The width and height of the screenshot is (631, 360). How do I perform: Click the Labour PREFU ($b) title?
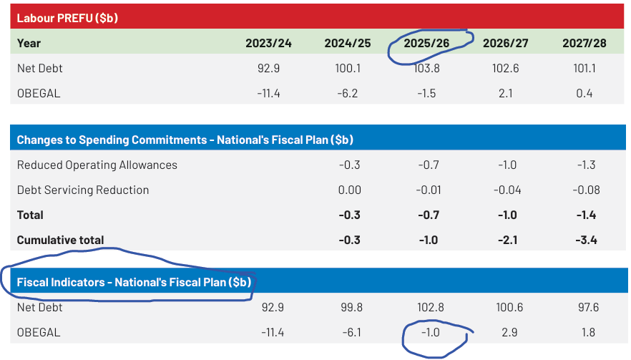67,18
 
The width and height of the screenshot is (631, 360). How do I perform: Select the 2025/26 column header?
426,43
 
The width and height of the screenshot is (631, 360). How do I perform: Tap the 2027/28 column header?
584,43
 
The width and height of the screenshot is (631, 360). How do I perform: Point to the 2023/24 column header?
268,43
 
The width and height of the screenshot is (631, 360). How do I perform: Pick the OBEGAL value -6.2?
349,93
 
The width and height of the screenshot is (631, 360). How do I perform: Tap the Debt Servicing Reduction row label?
83,190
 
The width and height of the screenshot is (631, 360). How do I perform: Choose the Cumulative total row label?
60,240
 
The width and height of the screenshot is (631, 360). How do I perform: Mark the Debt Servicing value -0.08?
587,190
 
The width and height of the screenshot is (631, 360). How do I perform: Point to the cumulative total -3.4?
587,240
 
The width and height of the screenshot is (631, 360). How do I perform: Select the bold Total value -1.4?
587,215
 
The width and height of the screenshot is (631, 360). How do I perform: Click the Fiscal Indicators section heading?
134,282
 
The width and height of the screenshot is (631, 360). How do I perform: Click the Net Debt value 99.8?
351,307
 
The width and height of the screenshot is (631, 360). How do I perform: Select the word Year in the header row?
29,43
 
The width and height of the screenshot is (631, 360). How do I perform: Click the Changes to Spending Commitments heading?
185,140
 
